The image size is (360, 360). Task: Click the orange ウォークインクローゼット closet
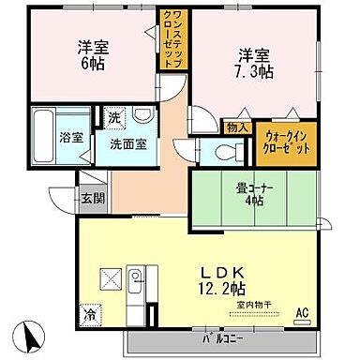(x=282, y=143)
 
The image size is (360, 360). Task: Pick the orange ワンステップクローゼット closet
(x=175, y=49)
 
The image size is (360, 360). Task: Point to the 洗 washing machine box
(x=112, y=119)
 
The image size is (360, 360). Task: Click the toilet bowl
(x=224, y=152)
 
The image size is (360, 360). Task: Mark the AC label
(x=303, y=312)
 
